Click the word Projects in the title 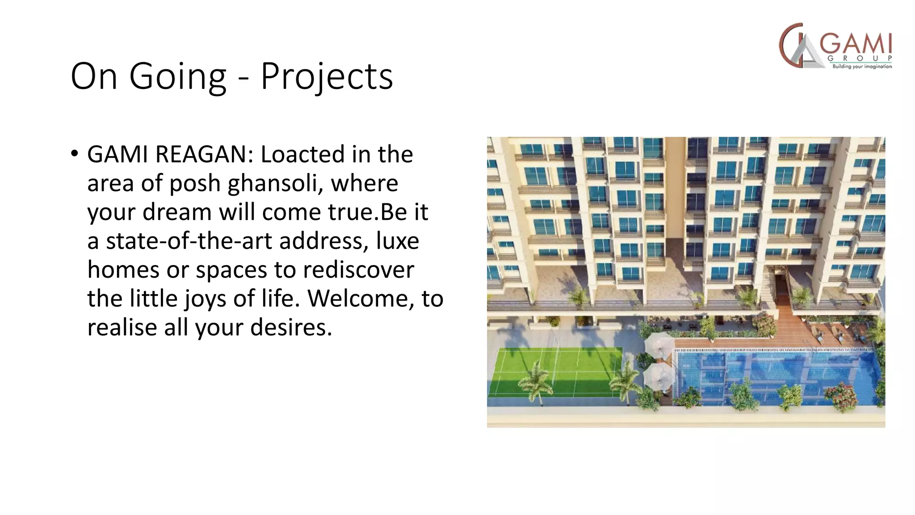pyautogui.click(x=327, y=76)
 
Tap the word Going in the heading pyautogui.click(x=178, y=76)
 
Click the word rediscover pyautogui.click(x=358, y=270)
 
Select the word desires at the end pyautogui.click(x=291, y=328)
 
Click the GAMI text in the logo pyautogui.click(x=856, y=44)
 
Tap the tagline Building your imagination pyautogui.click(x=862, y=66)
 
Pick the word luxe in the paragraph pyautogui.click(x=397, y=241)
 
